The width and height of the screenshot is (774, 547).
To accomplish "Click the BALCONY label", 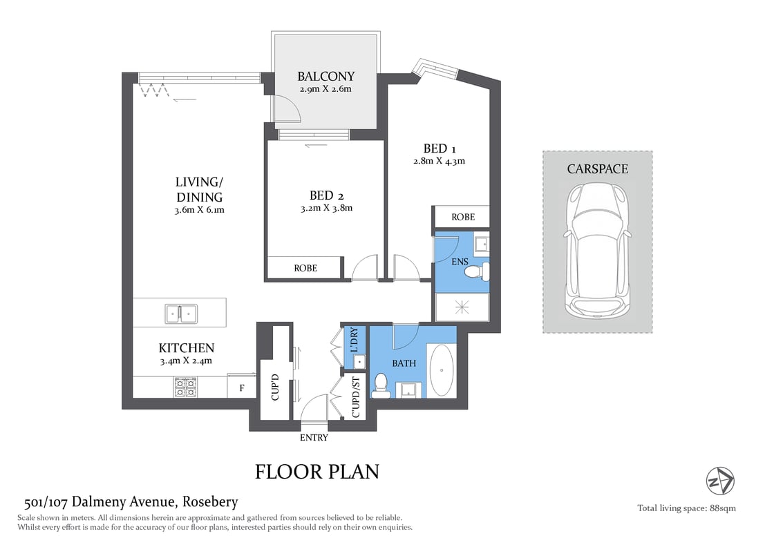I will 325,77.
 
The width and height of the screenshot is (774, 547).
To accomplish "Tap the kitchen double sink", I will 181,314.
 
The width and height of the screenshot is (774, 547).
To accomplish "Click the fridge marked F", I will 241,387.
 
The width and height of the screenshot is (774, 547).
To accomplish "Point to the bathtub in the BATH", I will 442,369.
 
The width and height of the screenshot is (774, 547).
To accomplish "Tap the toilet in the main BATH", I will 381,386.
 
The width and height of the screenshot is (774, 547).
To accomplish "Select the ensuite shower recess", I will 462,307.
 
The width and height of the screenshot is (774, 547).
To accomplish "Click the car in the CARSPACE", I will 597,249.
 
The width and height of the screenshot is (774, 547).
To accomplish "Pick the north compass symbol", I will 720,481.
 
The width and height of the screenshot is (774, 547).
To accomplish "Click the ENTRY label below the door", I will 314,437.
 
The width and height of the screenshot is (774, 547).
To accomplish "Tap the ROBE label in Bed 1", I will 463,217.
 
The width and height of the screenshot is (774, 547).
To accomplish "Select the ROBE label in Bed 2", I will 305,268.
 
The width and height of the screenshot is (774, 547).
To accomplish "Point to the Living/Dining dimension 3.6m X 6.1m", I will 199,211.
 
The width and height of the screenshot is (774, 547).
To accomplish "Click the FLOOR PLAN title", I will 317,472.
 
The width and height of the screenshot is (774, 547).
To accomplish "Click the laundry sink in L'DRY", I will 360,361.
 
